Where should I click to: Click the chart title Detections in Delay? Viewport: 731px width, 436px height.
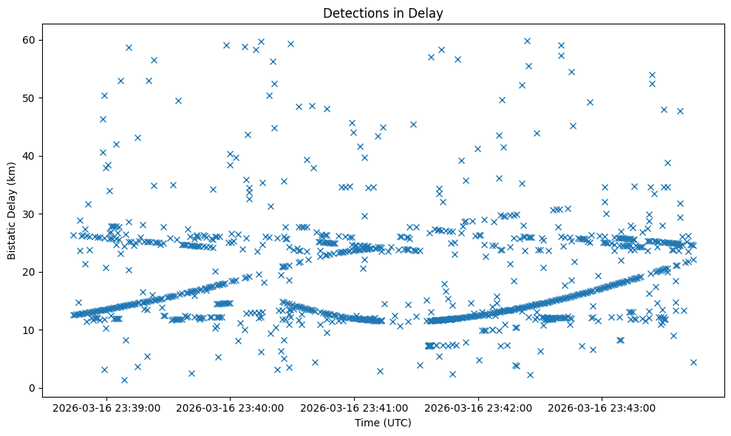click(x=383, y=13)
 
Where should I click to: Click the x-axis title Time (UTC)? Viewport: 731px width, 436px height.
click(x=383, y=423)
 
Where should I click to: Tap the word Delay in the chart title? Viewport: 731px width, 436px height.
click(x=428, y=13)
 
